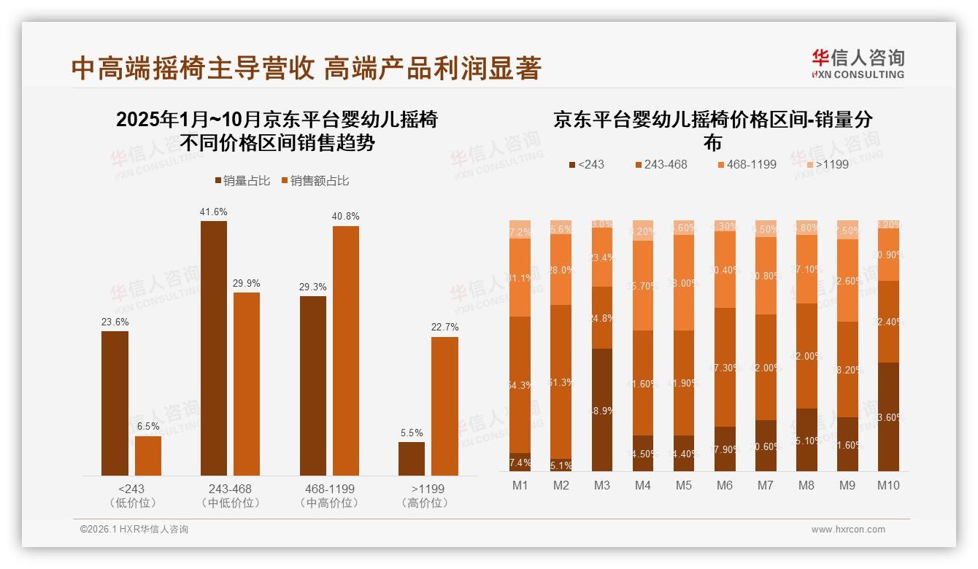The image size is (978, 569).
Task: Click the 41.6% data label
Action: pyautogui.click(x=213, y=212)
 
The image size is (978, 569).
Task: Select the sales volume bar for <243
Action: pyautogui.click(x=115, y=403)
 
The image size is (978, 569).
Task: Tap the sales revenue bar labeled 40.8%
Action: pyautogui.click(x=346, y=350)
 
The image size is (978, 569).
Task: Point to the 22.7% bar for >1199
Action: pyautogui.click(x=444, y=406)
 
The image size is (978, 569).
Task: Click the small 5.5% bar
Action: pyautogui.click(x=412, y=458)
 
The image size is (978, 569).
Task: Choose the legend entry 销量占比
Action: pyautogui.click(x=240, y=181)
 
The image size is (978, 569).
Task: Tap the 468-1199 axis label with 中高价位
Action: pyautogui.click(x=329, y=495)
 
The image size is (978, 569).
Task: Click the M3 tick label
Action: pyautogui.click(x=602, y=485)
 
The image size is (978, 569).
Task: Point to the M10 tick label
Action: pyautogui.click(x=887, y=485)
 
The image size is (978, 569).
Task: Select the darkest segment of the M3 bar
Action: pyautogui.click(x=602, y=409)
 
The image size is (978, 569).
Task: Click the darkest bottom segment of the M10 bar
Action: pyautogui.click(x=887, y=417)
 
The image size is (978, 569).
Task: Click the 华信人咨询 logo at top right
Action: pyautogui.click(x=858, y=63)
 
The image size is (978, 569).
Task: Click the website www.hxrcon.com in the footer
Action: pyautogui.click(x=847, y=530)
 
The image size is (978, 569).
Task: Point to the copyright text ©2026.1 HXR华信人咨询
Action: pyautogui.click(x=134, y=530)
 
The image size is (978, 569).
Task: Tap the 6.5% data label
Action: pyautogui.click(x=148, y=427)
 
